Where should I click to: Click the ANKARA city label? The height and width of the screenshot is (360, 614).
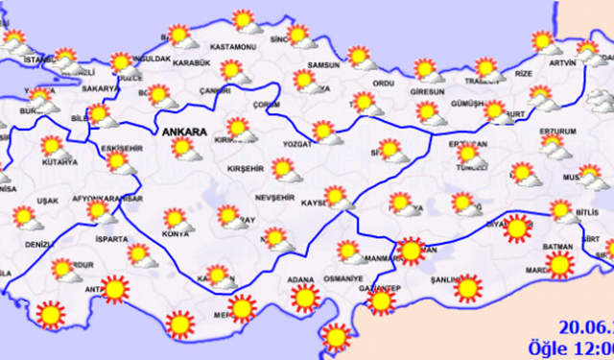click(181, 130)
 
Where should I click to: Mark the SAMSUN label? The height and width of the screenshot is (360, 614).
click(323, 65)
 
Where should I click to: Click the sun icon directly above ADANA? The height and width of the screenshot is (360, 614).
click(304, 298)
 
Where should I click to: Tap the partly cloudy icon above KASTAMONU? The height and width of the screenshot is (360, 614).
click(245, 21)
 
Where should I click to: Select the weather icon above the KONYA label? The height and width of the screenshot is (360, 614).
click(177, 220)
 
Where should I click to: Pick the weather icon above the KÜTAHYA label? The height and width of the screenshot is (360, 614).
click(54, 148)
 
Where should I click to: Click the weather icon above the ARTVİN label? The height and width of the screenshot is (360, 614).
click(546, 42)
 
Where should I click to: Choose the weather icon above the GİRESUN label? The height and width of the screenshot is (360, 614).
click(426, 71)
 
